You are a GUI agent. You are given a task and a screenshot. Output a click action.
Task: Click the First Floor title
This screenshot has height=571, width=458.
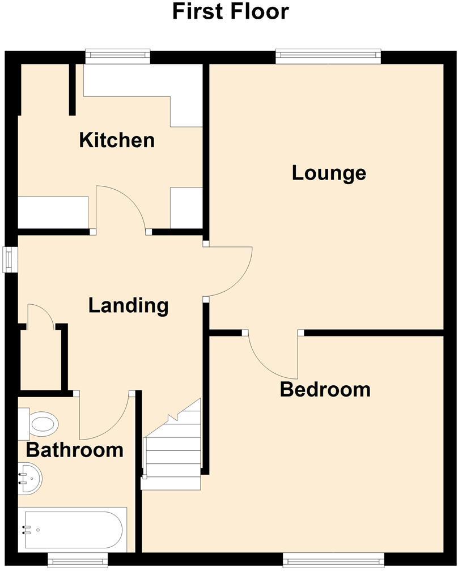pyautogui.click(x=230, y=11)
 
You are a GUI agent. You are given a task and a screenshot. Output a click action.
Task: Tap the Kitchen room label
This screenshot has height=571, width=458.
pyautogui.click(x=117, y=140)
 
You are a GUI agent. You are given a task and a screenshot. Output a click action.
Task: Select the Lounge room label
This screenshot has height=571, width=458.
pyautogui.click(x=329, y=173)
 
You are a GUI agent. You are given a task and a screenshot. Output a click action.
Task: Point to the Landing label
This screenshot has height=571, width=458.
pyautogui.click(x=129, y=305)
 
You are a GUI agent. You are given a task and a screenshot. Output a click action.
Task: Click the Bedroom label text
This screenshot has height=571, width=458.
pyautogui.click(x=325, y=390)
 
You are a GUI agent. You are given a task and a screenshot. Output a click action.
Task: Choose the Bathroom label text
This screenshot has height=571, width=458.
pyautogui.click(x=75, y=450)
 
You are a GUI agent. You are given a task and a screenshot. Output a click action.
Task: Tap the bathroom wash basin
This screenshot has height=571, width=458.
pyautogui.click(x=29, y=478)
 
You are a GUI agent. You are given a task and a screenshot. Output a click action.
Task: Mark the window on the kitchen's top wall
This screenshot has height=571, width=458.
pyautogui.click(x=118, y=56)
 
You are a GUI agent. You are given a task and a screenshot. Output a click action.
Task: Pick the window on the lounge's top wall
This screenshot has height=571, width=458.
pyautogui.click(x=328, y=56)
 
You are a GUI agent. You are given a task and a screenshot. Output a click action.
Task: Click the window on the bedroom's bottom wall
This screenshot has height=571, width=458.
pyautogui.click(x=333, y=561)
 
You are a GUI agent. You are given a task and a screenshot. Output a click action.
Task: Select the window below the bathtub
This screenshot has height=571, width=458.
pyautogui.click(x=77, y=561)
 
